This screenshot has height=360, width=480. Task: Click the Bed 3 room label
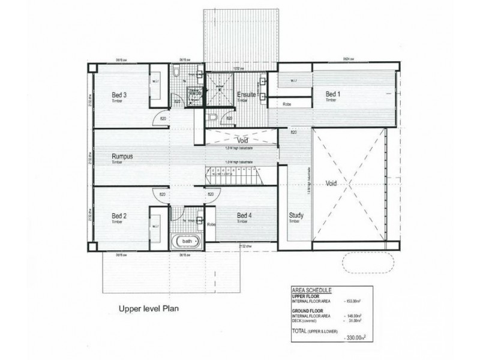(118, 95)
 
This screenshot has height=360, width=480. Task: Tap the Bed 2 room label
(118, 215)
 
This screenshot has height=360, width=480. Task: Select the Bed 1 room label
(333, 94)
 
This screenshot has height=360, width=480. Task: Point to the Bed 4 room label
(243, 215)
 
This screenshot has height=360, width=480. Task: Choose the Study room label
(296, 215)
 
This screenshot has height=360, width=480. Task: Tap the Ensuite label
(246, 95)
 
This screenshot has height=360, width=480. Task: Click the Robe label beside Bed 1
(287, 104)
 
